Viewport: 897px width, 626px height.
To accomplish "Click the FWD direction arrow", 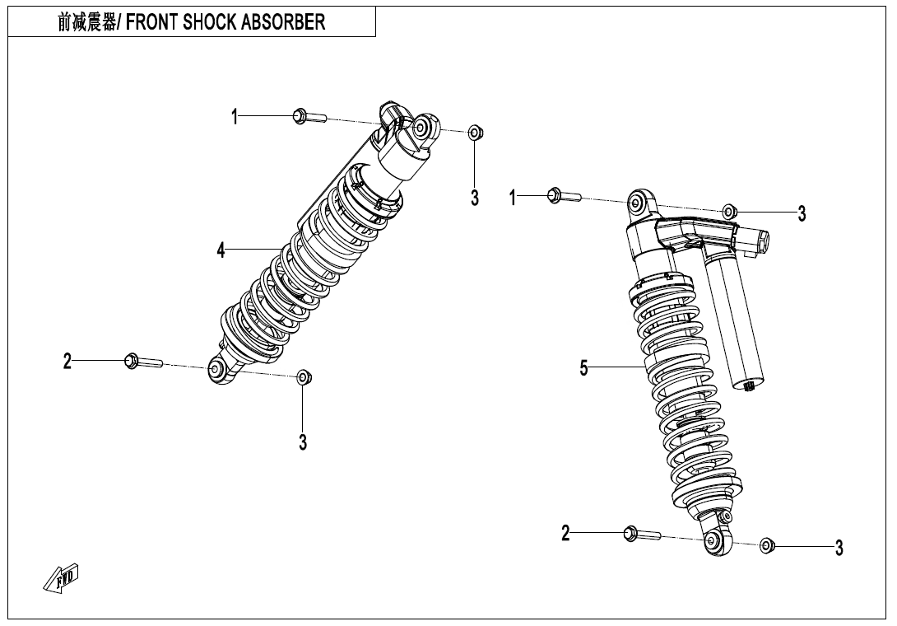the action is click(61, 578).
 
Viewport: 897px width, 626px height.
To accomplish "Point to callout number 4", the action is click(221, 250).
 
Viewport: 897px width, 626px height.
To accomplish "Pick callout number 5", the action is click(583, 367).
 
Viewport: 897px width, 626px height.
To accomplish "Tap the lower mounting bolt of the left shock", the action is click(143, 362).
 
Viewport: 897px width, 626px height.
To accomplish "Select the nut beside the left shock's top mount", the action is click(474, 133).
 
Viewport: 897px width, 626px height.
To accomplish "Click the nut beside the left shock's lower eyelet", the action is click(304, 377).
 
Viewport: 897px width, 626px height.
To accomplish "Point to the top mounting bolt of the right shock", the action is click(564, 196).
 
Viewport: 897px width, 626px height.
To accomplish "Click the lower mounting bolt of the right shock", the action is click(641, 533).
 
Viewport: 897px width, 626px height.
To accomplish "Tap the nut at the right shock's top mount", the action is click(728, 212).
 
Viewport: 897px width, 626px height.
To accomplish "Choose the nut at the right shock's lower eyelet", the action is click(767, 545).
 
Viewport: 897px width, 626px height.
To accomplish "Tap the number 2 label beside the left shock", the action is click(67, 362).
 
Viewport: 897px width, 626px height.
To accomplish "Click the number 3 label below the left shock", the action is click(303, 442).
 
